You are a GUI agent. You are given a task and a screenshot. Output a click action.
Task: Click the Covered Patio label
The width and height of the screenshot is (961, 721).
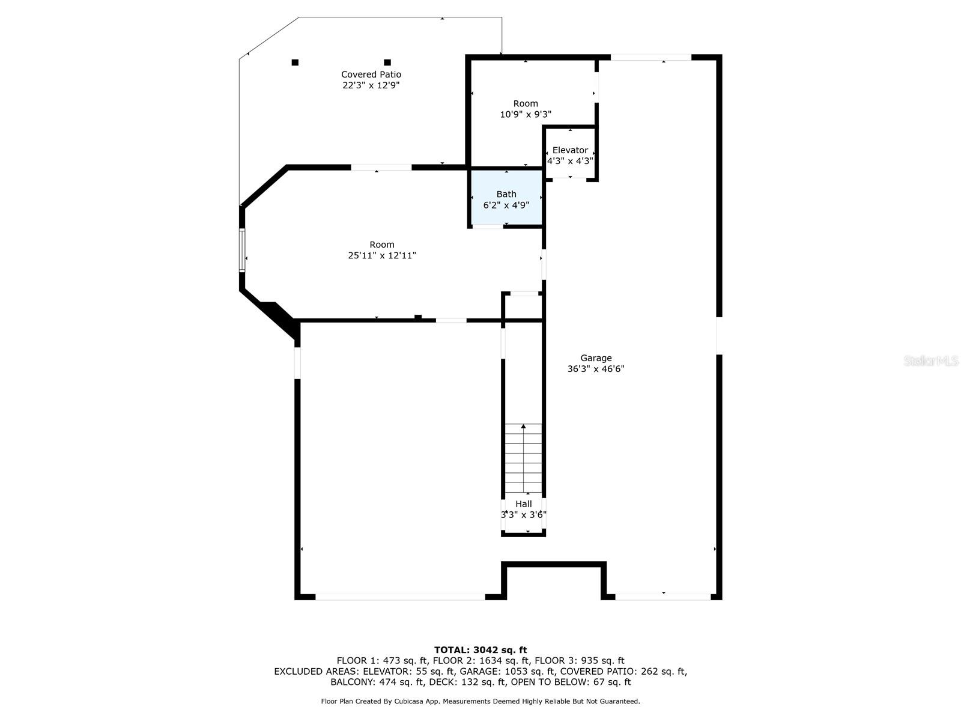coord(371,75)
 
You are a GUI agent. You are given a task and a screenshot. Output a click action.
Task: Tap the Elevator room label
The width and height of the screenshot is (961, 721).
coord(570,150)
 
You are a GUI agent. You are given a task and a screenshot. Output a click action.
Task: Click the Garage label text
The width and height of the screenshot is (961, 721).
coord(596,358)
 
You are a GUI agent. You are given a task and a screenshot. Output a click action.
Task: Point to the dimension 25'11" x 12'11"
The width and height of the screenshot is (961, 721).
coord(382,255)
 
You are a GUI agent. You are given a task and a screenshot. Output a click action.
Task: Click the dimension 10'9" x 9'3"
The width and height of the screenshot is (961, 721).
coord(526,114)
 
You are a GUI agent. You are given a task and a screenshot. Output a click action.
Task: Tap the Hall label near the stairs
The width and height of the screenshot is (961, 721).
coord(524,504)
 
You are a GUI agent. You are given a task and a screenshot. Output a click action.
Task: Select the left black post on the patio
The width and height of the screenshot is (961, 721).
coord(295,62)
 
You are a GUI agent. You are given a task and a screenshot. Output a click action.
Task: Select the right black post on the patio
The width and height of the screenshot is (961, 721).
coord(387,62)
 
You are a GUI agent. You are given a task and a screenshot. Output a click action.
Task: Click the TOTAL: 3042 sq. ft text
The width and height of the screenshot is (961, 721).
coord(480,650)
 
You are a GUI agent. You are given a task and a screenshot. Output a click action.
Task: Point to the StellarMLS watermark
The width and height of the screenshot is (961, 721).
coord(930,360)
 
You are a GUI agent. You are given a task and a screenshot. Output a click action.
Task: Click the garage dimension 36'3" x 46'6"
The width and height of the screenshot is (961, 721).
coord(596,369)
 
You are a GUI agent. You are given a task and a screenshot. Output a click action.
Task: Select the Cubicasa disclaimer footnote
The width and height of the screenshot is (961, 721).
coord(480,701)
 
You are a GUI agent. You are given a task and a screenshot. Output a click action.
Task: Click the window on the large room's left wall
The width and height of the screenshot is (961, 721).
coord(243,250)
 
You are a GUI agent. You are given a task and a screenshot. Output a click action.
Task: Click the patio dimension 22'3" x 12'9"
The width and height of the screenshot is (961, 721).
coord(371,85)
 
